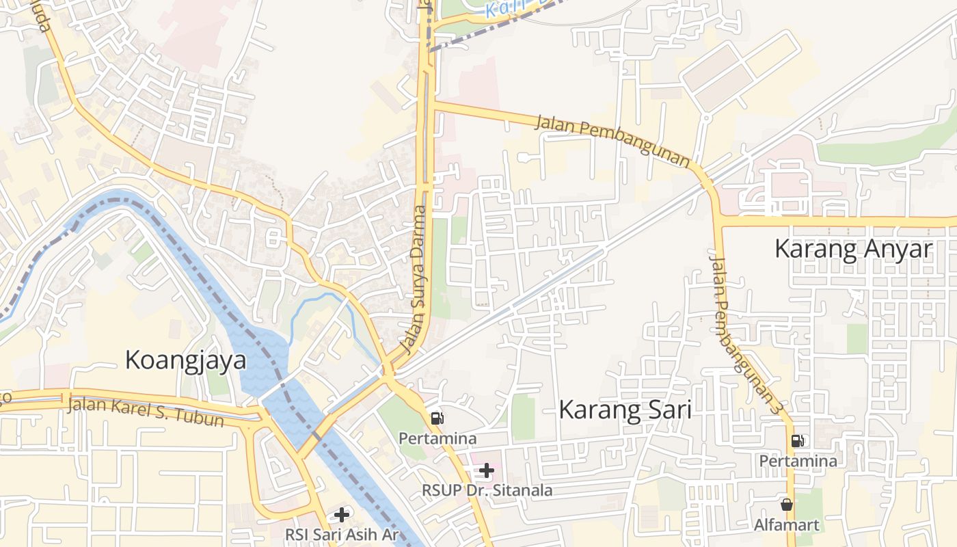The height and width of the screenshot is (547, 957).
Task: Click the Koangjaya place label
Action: pos(185,360)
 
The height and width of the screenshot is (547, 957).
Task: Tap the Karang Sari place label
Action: pos(625,410)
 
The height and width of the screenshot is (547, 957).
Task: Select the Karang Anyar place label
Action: pos(853,249)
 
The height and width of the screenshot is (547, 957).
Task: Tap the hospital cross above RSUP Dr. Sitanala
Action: pos(487,470)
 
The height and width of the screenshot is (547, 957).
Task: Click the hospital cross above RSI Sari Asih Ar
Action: pos(341,514)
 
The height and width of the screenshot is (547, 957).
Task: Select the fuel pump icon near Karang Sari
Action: pos(437,418)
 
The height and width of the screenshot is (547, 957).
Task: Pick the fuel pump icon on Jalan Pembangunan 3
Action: pos(797,441)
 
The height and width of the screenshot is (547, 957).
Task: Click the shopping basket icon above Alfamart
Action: pos(787,505)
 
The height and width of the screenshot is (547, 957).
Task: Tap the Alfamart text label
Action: pos(787,525)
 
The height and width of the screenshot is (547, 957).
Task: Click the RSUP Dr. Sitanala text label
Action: pos(487,490)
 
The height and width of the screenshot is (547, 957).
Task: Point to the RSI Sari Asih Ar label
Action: pos(341,534)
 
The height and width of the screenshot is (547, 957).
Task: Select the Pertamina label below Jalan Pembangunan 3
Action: pos(798,461)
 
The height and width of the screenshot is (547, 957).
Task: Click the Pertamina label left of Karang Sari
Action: pos(437,438)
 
